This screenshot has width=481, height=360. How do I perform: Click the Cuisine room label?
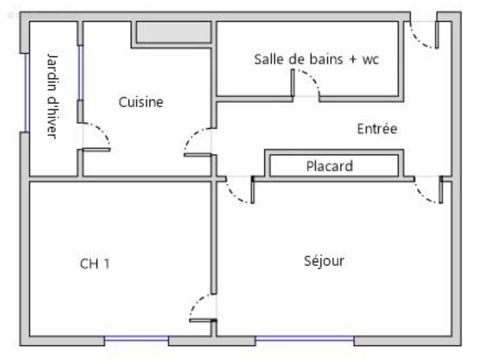click(x=141, y=102)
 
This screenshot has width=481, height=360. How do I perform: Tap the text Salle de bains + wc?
click(x=316, y=59)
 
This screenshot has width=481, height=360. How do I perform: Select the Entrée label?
click(x=377, y=129)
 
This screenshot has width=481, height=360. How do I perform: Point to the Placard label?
click(x=329, y=166)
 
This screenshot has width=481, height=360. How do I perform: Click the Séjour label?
click(x=324, y=261)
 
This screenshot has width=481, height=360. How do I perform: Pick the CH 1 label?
click(x=95, y=264)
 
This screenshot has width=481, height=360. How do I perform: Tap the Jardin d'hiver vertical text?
click(x=53, y=96)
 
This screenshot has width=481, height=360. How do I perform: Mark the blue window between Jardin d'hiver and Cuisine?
click(x=80, y=72)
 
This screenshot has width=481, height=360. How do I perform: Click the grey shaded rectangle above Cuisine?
click(x=173, y=32)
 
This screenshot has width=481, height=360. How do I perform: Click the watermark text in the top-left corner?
click(x=43, y=15)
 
